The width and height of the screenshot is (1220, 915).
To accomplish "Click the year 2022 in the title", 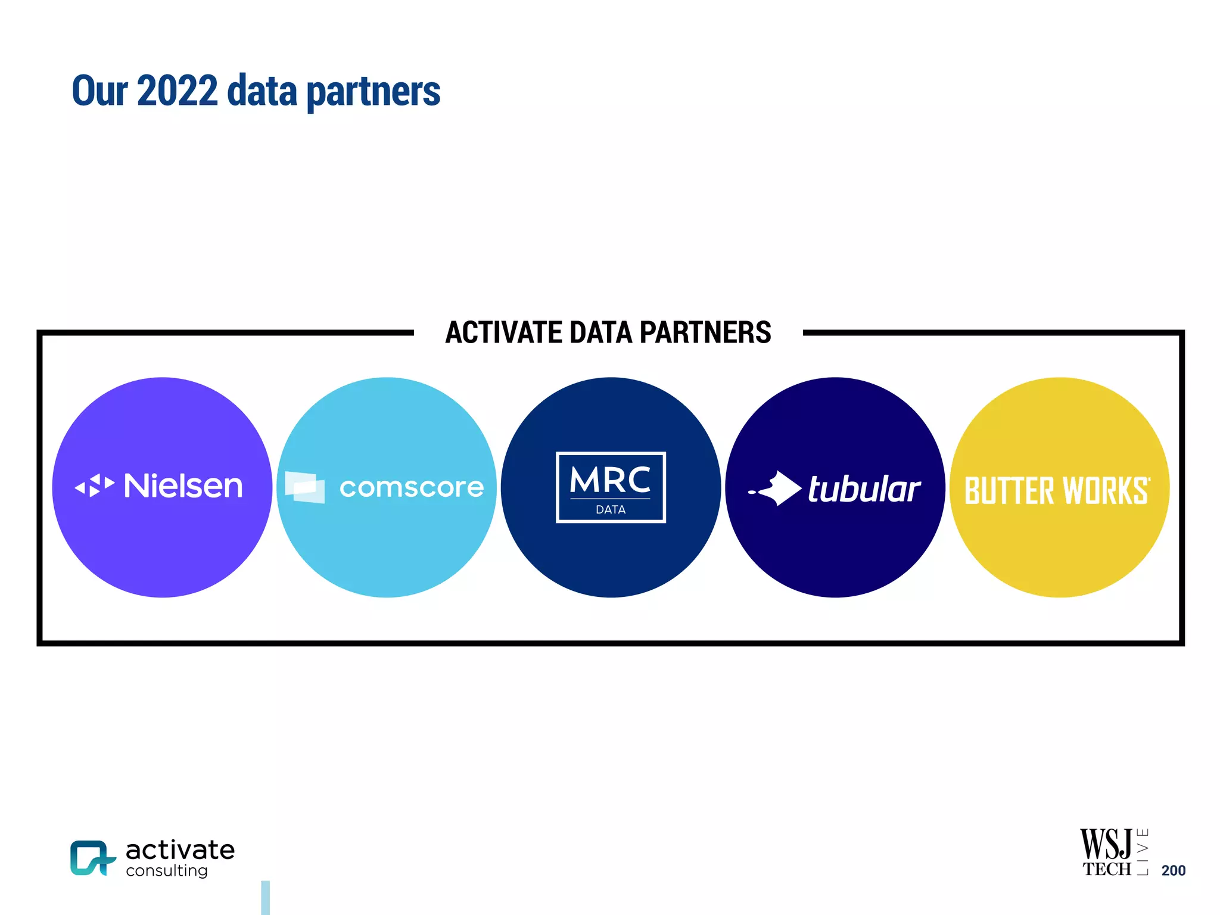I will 177,91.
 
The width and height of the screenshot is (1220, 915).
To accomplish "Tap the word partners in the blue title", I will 373,92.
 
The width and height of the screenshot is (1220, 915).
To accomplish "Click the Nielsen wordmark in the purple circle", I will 183,486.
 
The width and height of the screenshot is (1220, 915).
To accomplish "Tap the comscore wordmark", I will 411,488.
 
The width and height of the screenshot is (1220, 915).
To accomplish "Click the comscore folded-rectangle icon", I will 305,487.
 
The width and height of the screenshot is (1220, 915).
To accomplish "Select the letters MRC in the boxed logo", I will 610,480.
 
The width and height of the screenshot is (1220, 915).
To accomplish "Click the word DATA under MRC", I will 611,510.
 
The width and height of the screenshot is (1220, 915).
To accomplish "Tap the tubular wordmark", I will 864,489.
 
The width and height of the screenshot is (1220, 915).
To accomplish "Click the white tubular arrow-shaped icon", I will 777,488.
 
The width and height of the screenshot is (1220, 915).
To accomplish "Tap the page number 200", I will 1173,870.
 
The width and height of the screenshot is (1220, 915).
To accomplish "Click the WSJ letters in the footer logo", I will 1106,844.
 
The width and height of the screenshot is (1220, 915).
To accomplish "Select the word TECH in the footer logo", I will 1106,870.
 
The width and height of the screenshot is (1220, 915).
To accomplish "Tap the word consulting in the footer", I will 167,871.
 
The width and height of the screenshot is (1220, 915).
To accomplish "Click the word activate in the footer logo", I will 180,850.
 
